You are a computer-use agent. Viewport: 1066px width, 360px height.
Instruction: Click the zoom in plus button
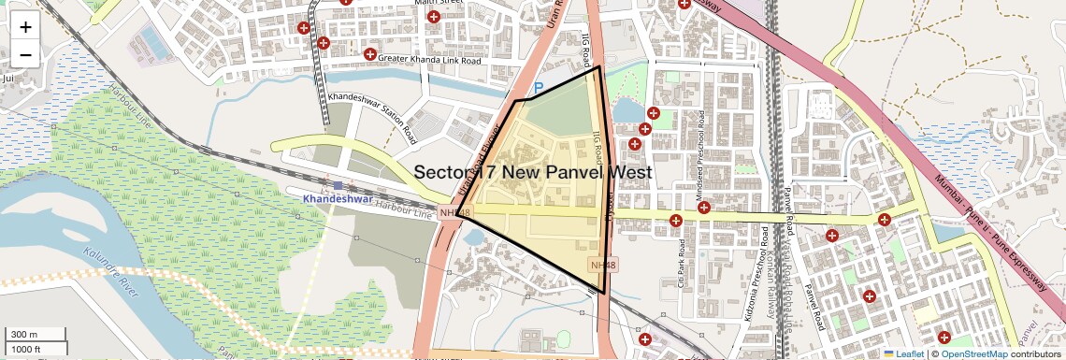tap(25, 27)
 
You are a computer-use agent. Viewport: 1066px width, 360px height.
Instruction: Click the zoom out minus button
tap(25, 54)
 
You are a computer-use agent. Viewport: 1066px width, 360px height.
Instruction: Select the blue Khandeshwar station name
tap(337, 200)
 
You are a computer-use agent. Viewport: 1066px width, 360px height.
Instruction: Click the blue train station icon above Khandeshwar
tap(338, 185)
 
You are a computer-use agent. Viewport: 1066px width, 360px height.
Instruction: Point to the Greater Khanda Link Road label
tap(429, 60)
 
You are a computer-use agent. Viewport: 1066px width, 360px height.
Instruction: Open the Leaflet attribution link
tap(902, 353)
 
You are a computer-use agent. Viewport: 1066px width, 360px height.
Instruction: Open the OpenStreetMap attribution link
tap(973, 353)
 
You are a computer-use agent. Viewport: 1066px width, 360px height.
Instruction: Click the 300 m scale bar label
tap(25, 334)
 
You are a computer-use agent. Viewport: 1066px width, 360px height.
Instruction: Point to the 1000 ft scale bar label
tap(28, 349)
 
